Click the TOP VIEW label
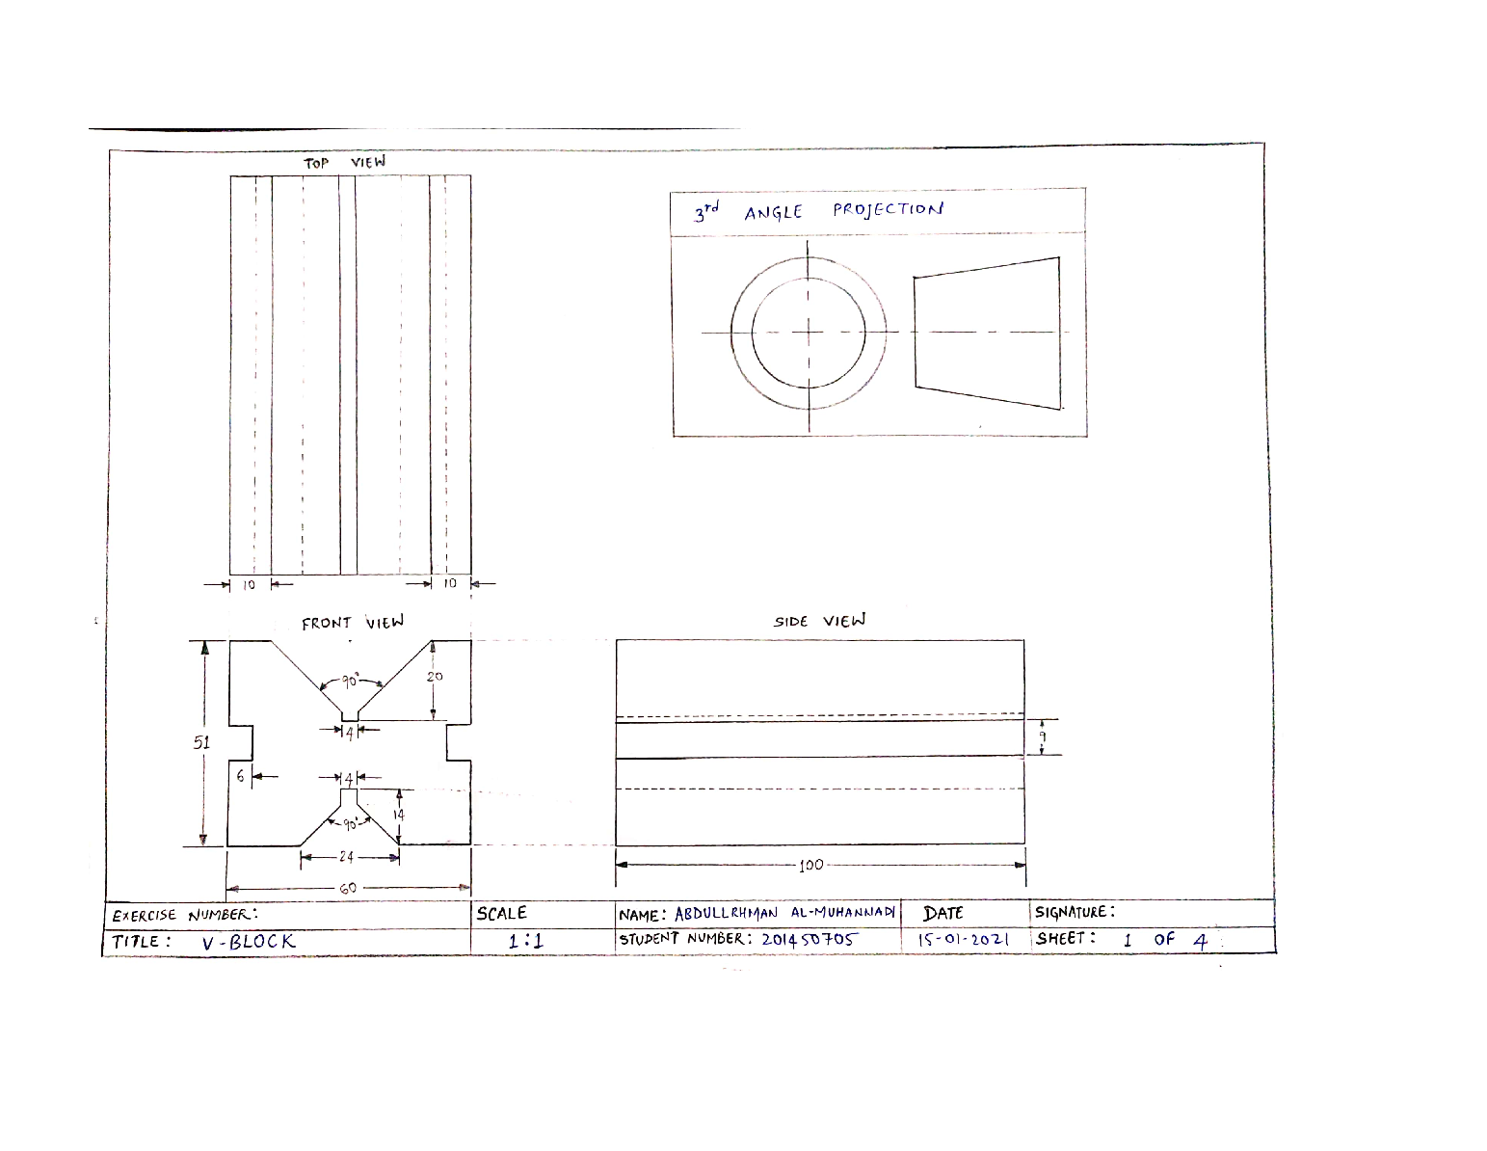click(344, 163)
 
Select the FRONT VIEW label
click(352, 623)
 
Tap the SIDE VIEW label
click(819, 621)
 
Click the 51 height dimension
click(201, 742)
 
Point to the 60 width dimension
click(347, 888)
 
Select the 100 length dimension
click(811, 865)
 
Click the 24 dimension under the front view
click(347, 857)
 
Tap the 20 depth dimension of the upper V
click(435, 677)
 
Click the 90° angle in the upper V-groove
click(350, 682)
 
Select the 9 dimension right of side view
click(1043, 736)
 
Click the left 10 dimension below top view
click(248, 584)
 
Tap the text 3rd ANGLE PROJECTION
click(818, 210)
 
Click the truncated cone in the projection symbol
click(987, 333)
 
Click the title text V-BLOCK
click(249, 942)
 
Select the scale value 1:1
click(526, 941)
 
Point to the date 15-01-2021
click(963, 939)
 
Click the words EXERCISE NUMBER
click(185, 915)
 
